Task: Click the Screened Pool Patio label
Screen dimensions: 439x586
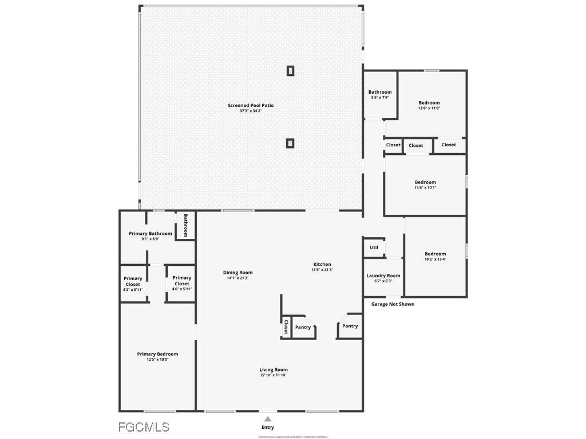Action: coord(251,105)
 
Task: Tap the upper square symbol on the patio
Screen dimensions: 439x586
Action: coord(291,71)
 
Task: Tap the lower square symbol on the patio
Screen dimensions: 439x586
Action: coord(291,143)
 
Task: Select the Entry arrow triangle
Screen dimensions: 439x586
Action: coord(267,419)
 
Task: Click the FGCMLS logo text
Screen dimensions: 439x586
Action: coord(144,427)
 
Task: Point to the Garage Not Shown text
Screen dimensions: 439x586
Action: coord(393,304)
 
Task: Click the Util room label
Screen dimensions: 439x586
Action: coord(374,248)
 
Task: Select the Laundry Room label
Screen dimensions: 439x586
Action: coord(383,276)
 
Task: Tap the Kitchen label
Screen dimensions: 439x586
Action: coord(322,264)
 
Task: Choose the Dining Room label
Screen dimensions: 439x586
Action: coord(237,273)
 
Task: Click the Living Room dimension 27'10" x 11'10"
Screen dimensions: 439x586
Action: coord(274,375)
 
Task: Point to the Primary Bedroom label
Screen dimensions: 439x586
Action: coord(157,354)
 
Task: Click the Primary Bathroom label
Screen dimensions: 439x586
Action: coord(150,233)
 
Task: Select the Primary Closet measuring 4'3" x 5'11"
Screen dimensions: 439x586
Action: coord(132,281)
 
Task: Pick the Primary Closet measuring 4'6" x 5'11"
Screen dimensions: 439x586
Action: coord(181,281)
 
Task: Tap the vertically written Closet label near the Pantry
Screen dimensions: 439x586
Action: coord(286,327)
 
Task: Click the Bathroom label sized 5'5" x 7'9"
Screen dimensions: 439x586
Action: coord(380,92)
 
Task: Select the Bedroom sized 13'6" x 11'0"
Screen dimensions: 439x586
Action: coord(429,103)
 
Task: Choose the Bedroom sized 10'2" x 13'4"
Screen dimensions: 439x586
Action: coord(435,254)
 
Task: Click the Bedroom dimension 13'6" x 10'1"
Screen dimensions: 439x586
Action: coord(425,187)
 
